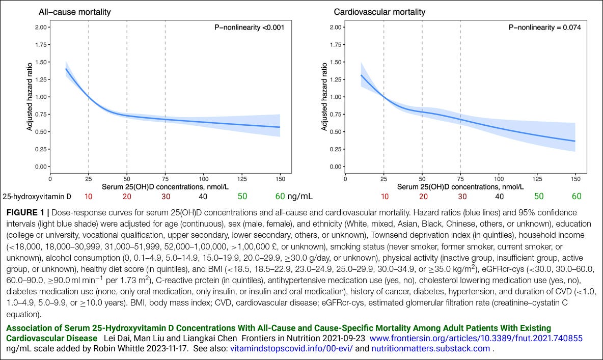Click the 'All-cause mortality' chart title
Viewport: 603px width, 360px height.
74,12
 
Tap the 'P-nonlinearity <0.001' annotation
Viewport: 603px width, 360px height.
249,27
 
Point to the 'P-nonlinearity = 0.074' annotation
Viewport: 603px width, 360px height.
544,27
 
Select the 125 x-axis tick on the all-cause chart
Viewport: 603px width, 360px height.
241,179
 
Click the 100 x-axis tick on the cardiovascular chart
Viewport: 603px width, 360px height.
499,179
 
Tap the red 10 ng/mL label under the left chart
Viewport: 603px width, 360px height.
88,196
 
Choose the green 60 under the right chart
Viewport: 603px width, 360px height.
576,196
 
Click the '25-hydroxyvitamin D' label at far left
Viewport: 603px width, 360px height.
37,196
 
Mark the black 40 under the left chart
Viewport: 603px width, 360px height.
203,196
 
